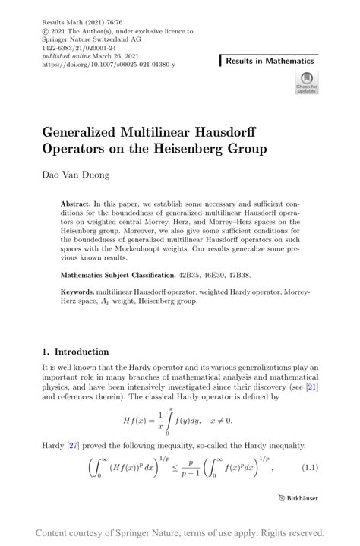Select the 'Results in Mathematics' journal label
(x=270, y=60)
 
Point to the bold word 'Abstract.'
(x=75, y=205)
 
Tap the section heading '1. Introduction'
(x=76, y=352)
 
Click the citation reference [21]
(x=311, y=387)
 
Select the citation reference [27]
(x=74, y=444)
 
